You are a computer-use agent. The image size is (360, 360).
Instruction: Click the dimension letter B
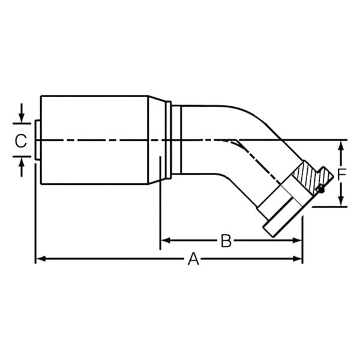pyautogui.click(x=226, y=241)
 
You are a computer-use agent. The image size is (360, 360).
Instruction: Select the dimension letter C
pyautogui.click(x=20, y=141)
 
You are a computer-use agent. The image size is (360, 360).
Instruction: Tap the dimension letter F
pyautogui.click(x=341, y=175)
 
